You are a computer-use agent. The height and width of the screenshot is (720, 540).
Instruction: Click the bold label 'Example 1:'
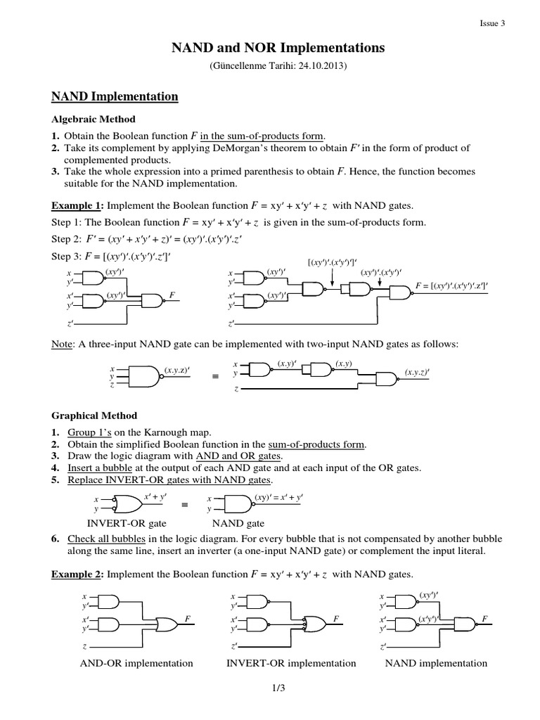[75, 207]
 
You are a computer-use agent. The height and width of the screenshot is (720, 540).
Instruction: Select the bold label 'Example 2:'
[75, 574]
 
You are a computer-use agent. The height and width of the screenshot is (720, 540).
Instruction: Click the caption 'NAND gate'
[238, 523]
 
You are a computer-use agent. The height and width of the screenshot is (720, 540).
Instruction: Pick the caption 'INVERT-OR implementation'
[291, 663]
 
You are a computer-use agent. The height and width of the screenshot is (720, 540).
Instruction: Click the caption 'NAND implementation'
[436, 663]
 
